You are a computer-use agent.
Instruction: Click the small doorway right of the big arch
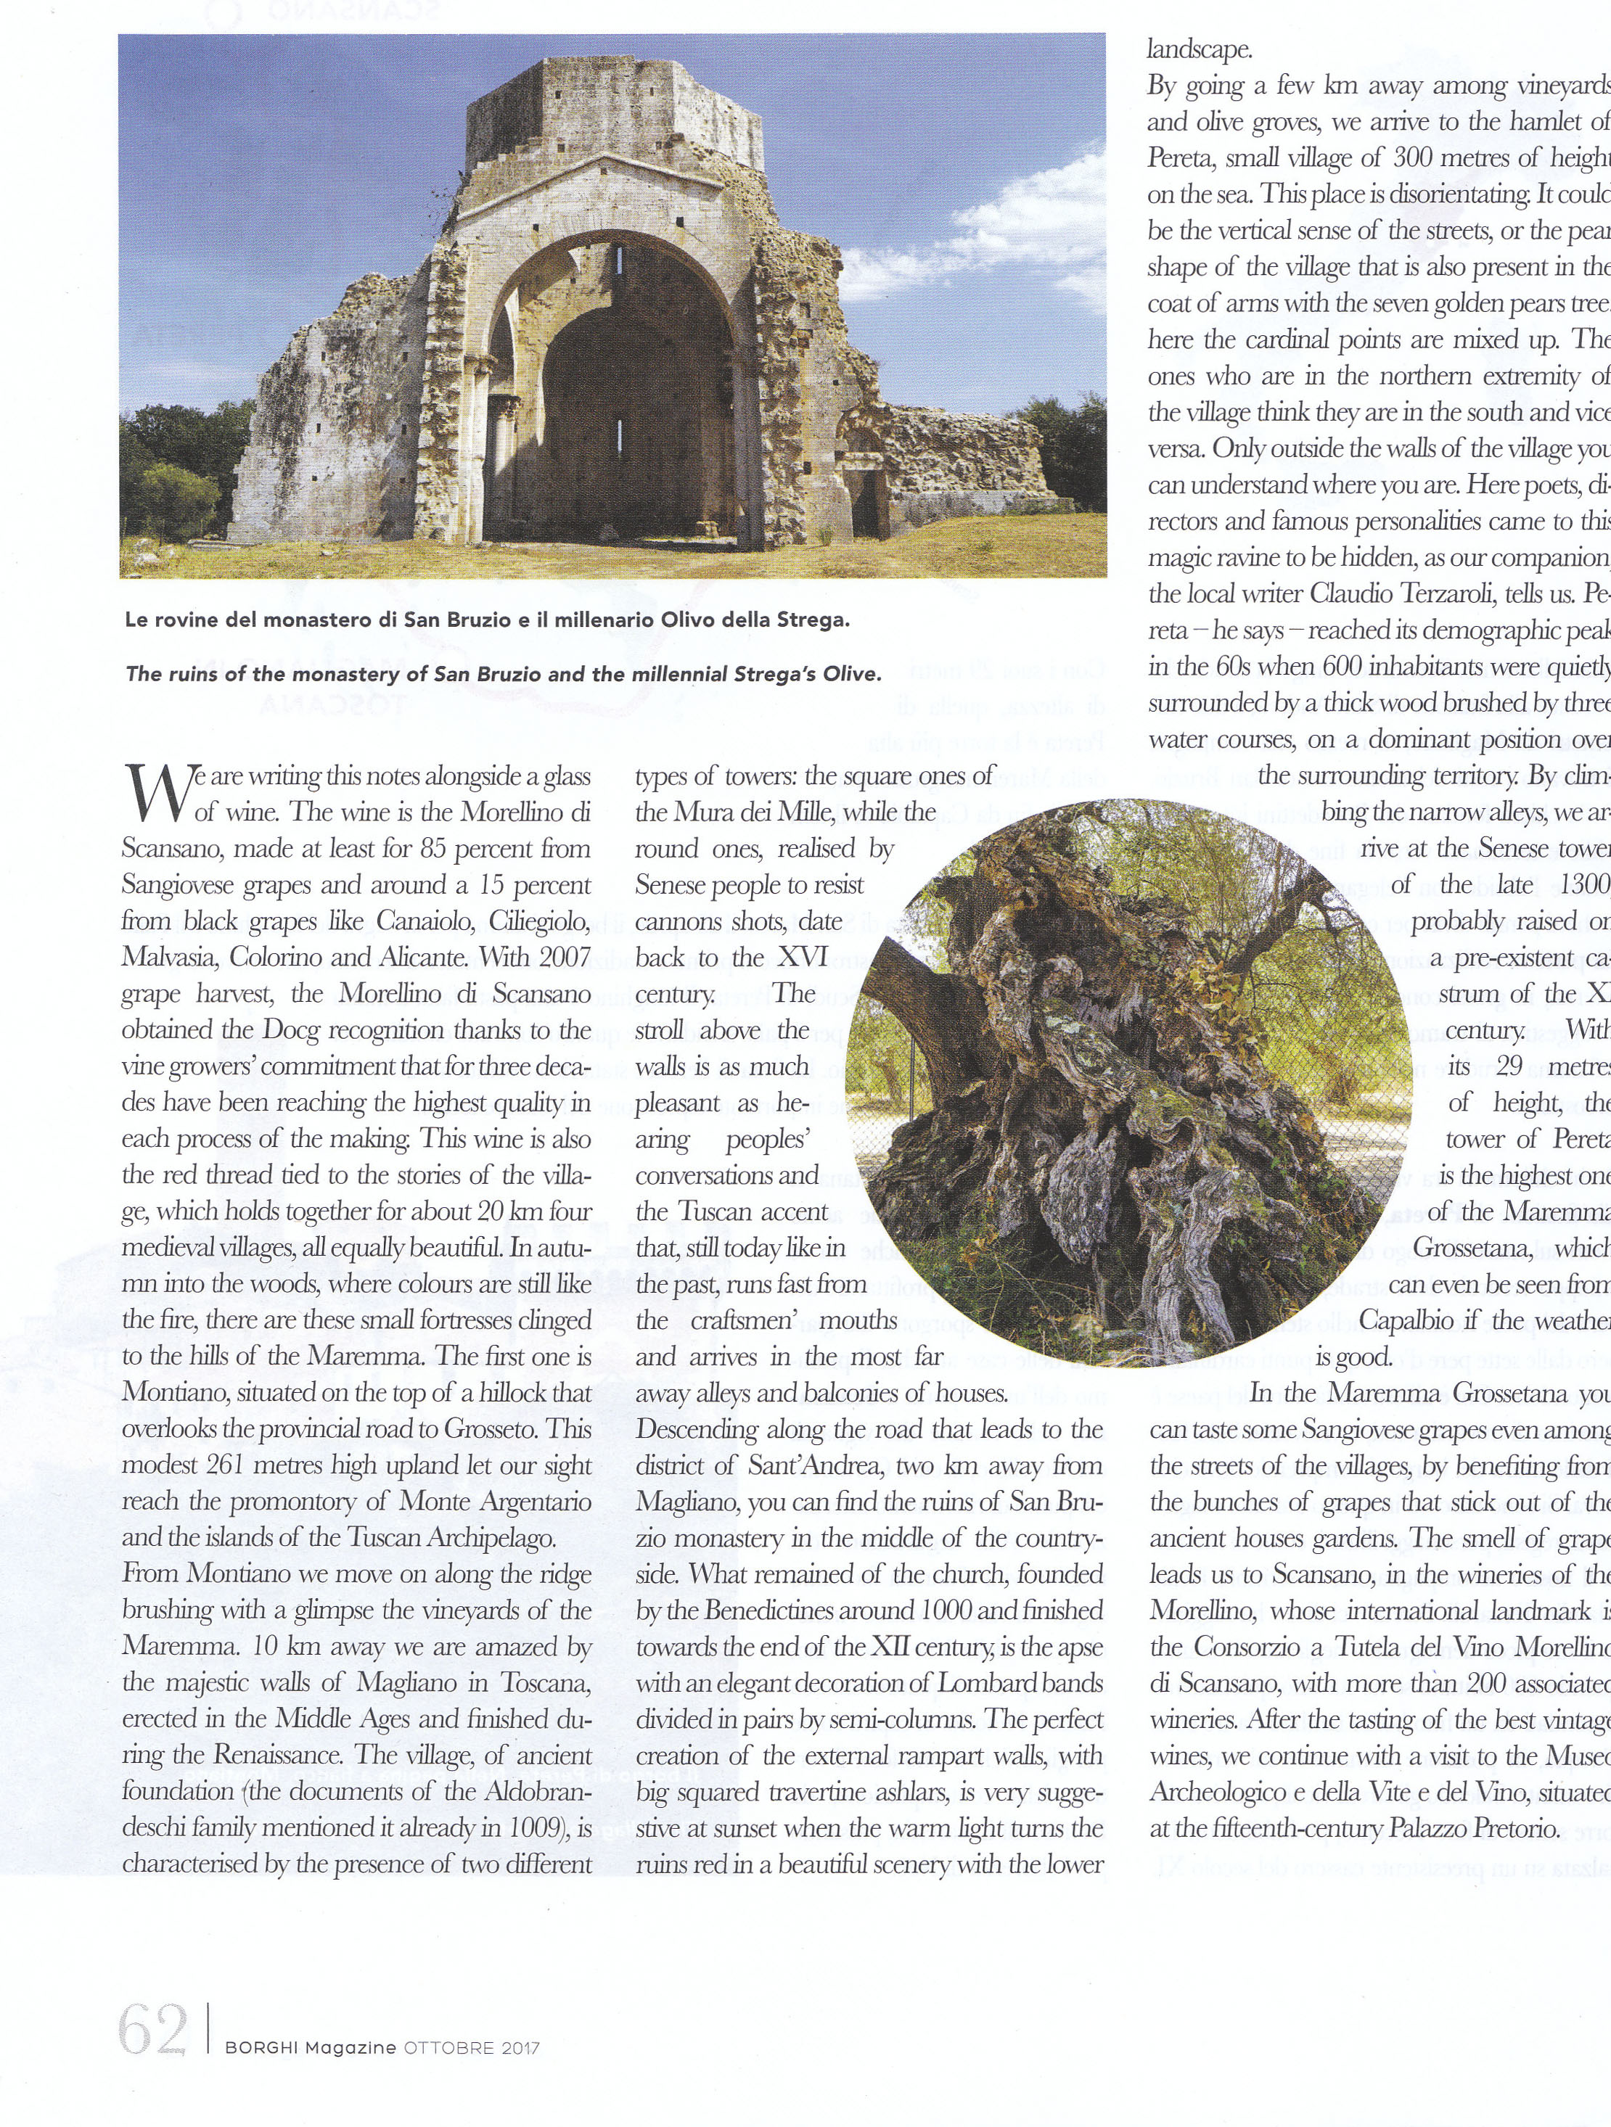tap(870, 502)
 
